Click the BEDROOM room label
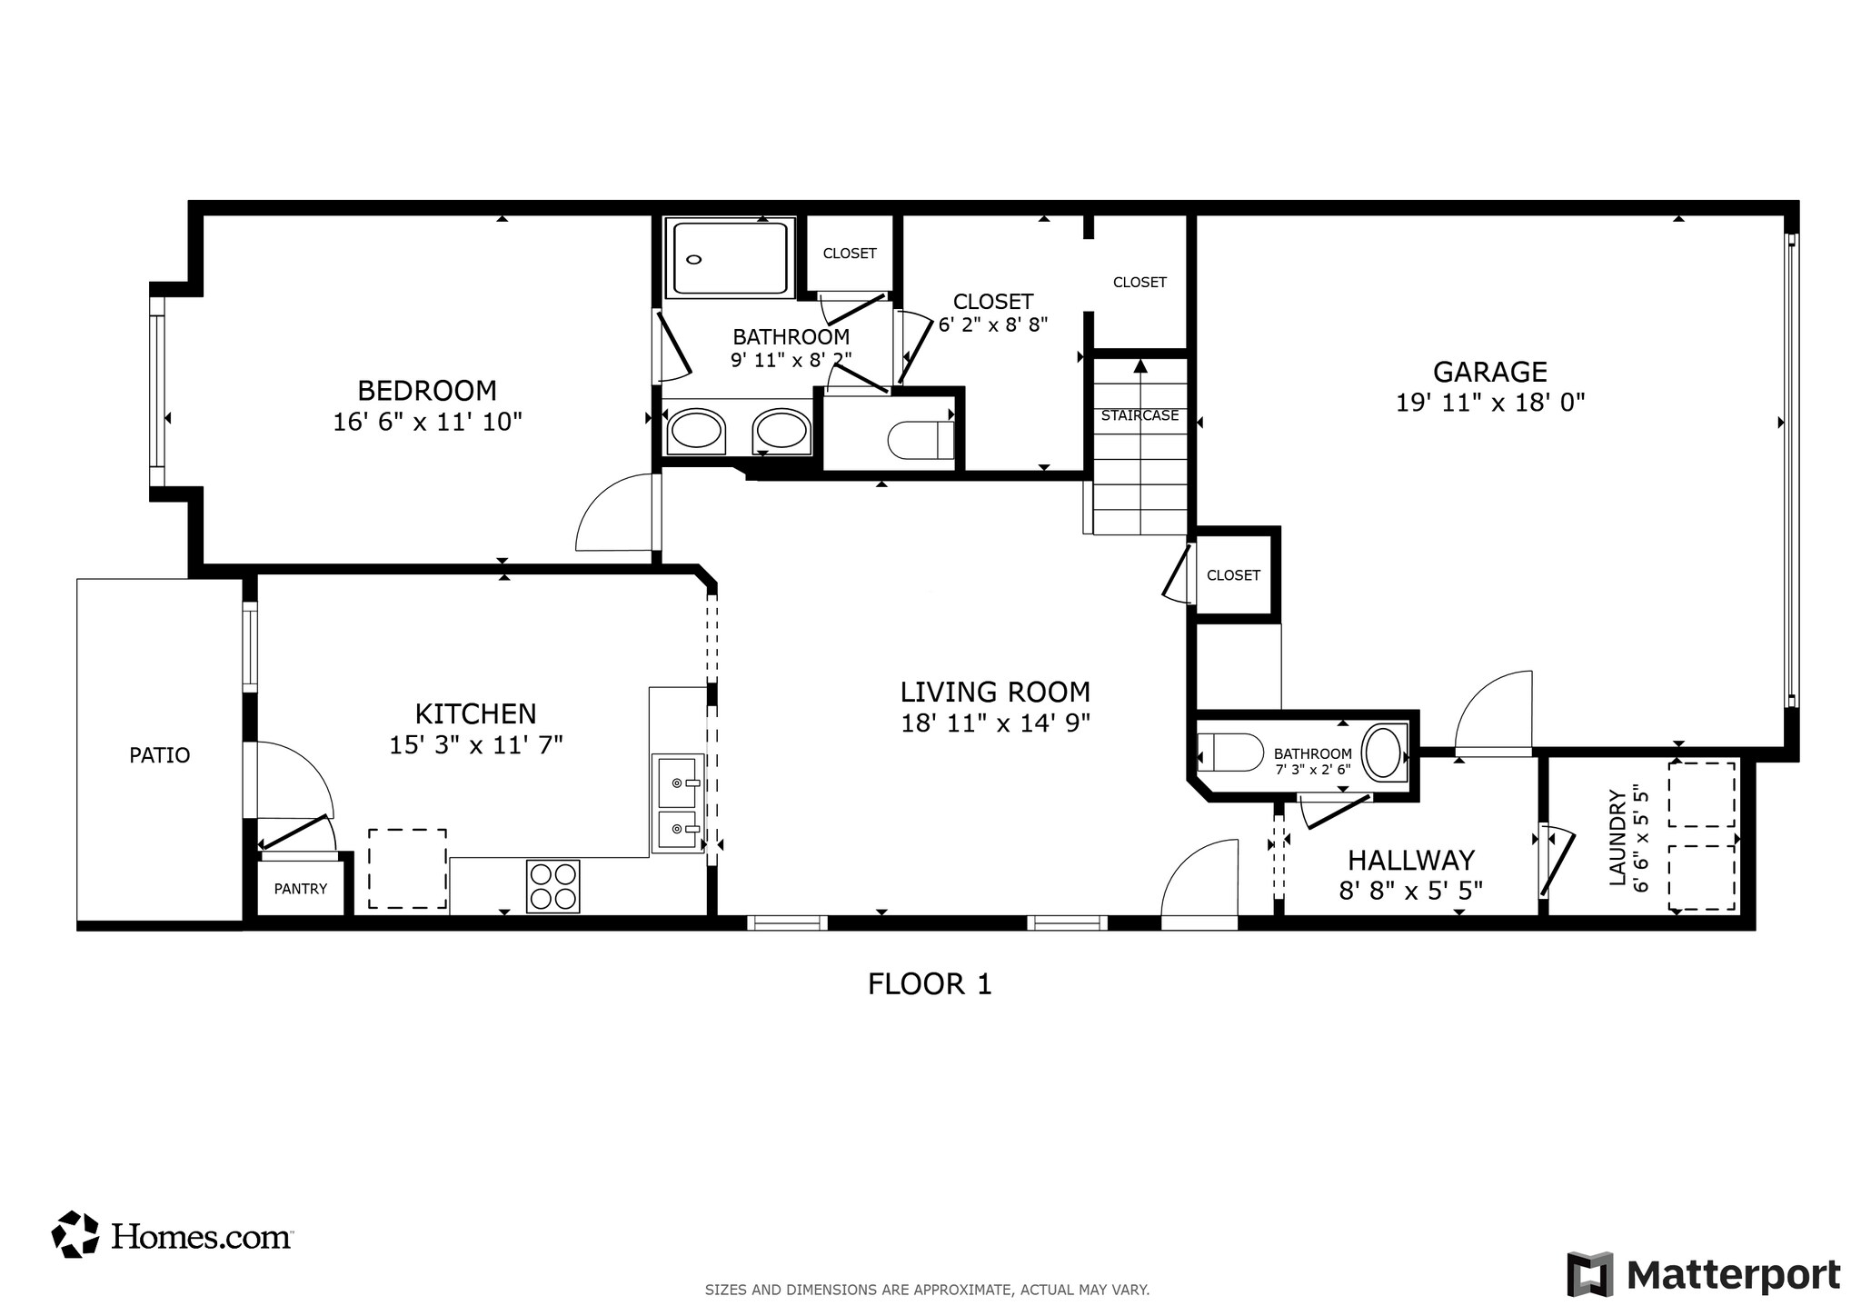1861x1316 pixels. click(x=427, y=391)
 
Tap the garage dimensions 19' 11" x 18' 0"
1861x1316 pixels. click(x=1490, y=402)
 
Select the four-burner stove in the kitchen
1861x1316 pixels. click(x=552, y=886)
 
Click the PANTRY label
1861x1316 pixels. click(x=300, y=889)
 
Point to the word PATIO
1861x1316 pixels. click(x=160, y=755)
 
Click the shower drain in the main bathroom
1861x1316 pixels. click(x=694, y=260)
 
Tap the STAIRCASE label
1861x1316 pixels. click(x=1139, y=415)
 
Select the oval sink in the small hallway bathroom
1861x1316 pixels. click(x=1382, y=752)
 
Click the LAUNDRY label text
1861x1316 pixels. click(x=1617, y=837)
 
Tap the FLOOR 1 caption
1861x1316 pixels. click(x=930, y=984)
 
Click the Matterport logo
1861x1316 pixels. click(x=1704, y=1274)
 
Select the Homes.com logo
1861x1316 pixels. click(x=173, y=1235)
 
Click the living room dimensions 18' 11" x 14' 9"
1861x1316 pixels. click(x=995, y=723)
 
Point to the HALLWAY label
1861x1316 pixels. click(x=1410, y=860)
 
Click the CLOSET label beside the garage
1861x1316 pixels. click(x=1233, y=575)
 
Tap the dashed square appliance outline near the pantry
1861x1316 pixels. click(x=406, y=868)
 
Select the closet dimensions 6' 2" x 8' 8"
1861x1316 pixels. click(x=993, y=324)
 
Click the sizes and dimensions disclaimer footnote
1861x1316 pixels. click(x=927, y=1290)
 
